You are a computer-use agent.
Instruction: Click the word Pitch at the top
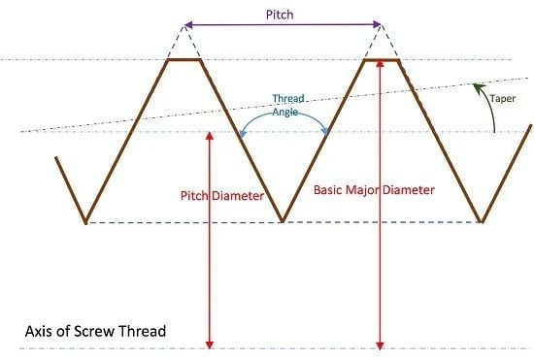tap(281, 15)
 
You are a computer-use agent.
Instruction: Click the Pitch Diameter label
tap(222, 195)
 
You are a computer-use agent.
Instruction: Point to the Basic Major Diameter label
tap(374, 189)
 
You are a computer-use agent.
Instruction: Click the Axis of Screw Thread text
tap(95, 331)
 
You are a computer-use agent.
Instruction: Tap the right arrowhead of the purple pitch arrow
tap(376, 25)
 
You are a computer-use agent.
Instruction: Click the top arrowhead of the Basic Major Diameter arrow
tap(381, 64)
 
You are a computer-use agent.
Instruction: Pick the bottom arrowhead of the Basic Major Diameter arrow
tap(381, 343)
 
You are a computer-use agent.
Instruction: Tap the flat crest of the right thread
tap(381, 60)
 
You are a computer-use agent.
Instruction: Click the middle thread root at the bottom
tap(282, 221)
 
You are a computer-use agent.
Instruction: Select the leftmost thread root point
tap(85, 222)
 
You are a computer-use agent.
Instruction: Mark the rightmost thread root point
tap(483, 222)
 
